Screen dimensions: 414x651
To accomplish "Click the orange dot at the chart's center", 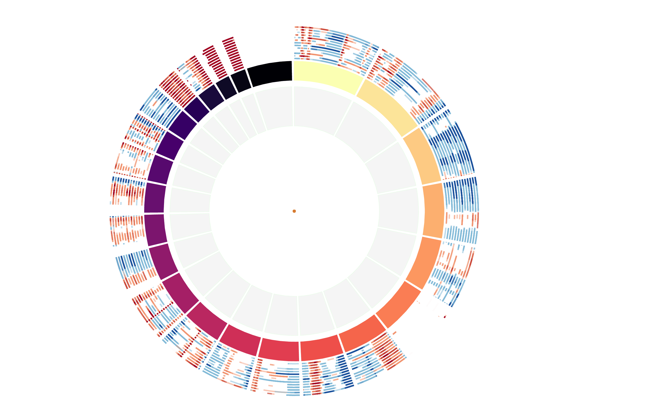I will (x=294, y=211).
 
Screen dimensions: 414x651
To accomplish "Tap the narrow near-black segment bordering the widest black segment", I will (x=241, y=81).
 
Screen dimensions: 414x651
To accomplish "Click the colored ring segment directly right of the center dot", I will (x=434, y=211).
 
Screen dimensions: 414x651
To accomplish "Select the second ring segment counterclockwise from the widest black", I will (x=226, y=88).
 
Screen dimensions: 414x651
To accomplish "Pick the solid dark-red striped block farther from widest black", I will (x=215, y=62).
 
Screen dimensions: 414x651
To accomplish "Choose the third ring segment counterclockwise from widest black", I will (x=211, y=98).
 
